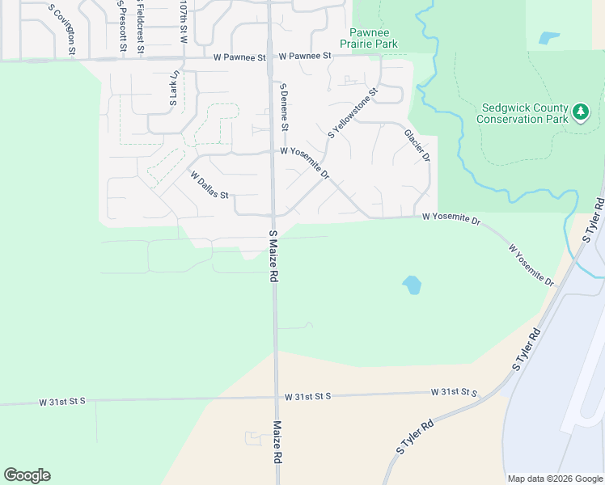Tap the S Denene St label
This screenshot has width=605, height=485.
click(x=284, y=107)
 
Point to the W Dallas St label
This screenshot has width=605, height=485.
click(x=210, y=184)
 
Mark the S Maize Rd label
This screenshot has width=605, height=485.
click(x=274, y=255)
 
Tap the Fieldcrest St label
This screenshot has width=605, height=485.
click(x=140, y=26)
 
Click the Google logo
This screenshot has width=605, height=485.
click(x=27, y=475)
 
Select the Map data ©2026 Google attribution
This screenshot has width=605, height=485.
click(x=555, y=479)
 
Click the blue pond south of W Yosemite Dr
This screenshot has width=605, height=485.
click(x=412, y=285)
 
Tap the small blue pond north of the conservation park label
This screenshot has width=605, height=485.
click(x=549, y=37)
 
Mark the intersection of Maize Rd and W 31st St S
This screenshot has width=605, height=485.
click(x=275, y=397)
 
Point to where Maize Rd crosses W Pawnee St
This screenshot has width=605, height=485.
click(x=269, y=57)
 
